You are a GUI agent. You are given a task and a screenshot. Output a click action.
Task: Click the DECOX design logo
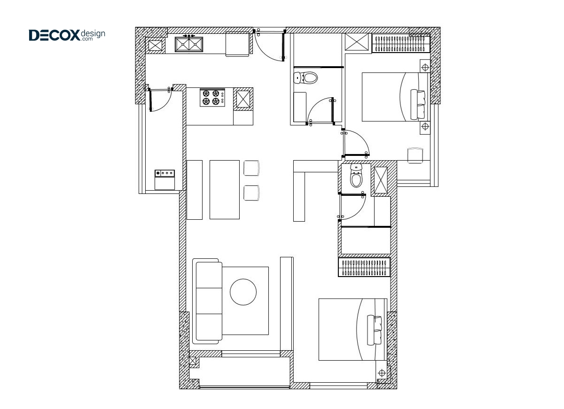[x=67, y=35]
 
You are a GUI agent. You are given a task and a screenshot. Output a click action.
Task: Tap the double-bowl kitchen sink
[x=189, y=44]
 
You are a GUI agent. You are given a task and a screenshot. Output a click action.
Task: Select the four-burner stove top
[x=212, y=97]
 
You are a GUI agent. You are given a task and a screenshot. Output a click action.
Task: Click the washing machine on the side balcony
[x=164, y=179]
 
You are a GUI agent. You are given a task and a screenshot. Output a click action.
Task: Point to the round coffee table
[x=243, y=292]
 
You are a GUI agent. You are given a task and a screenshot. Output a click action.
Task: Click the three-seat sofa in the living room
[x=207, y=301]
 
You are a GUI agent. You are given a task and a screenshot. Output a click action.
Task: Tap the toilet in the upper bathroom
[x=305, y=78]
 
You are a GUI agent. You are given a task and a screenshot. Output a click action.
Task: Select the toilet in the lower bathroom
[x=356, y=175]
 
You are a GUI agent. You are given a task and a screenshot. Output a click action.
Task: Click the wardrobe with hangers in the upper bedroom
[x=401, y=43]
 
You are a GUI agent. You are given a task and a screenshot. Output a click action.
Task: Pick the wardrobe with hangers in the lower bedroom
[x=364, y=267]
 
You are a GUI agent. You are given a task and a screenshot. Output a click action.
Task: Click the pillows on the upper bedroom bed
[x=418, y=104]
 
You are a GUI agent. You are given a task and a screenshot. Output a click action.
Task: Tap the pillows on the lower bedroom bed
[x=375, y=330]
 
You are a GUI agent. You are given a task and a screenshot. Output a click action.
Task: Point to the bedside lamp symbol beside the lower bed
[x=382, y=373]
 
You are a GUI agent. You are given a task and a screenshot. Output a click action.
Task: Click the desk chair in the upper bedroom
[x=415, y=155]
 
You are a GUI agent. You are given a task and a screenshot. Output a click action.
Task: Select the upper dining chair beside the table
[x=251, y=168]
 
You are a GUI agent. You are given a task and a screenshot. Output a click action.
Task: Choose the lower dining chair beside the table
[x=251, y=193]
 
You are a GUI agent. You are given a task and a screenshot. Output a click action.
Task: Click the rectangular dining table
[x=225, y=190]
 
